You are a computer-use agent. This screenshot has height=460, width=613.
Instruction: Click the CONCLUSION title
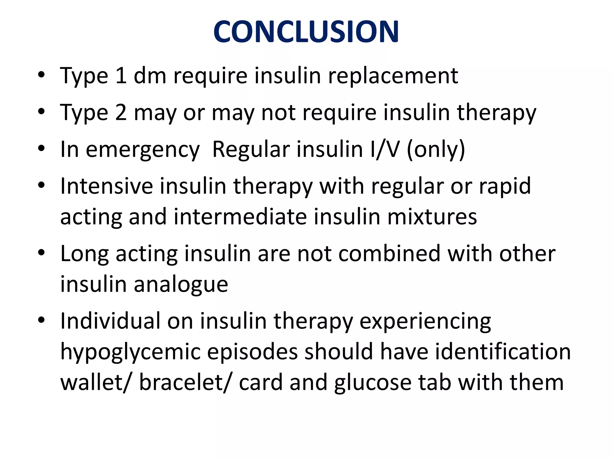click(306, 32)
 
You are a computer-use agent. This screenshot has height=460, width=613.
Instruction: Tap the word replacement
click(393, 76)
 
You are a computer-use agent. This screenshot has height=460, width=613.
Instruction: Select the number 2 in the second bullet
click(121, 113)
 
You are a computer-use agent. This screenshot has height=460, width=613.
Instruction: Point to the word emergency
click(142, 150)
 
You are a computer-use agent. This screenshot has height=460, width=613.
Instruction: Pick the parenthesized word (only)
click(436, 149)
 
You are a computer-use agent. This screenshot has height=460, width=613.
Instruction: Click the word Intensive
click(106, 186)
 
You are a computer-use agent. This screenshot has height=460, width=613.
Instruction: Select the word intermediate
click(240, 217)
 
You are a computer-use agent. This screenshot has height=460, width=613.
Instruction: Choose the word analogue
click(181, 285)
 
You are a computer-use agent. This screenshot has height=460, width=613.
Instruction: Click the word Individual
click(110, 321)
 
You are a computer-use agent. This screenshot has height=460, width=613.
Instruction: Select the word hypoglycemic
click(130, 352)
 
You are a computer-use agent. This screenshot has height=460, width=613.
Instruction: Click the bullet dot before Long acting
click(41, 253)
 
